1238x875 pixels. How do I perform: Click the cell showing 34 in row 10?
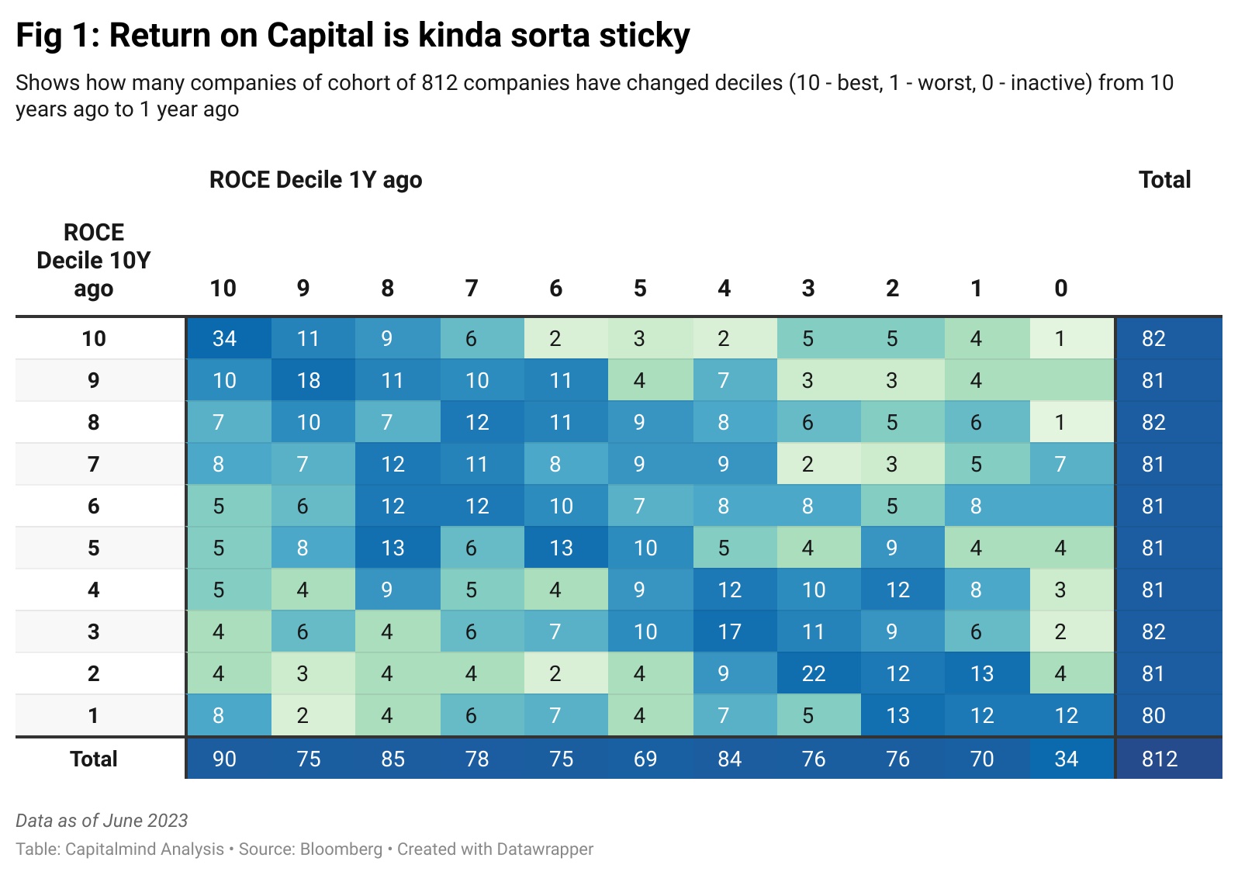[x=225, y=338]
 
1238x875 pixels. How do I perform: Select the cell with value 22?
[x=814, y=673]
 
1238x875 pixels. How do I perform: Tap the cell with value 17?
[x=729, y=631]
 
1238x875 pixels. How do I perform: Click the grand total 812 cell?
[x=1160, y=759]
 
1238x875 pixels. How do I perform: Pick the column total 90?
[x=225, y=759]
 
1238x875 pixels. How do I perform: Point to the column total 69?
[x=645, y=759]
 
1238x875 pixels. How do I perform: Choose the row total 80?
[x=1153, y=715]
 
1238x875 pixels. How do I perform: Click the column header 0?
[x=1060, y=289]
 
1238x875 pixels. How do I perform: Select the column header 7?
[x=471, y=289]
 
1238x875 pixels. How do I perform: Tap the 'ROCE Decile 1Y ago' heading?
[x=316, y=180]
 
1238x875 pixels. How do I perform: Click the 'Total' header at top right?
[x=1164, y=180]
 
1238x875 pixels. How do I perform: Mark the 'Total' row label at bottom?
[x=94, y=759]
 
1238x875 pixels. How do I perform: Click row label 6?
[x=94, y=506]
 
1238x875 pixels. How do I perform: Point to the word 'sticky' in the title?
[x=642, y=36]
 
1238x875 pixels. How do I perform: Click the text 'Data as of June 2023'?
[x=102, y=821]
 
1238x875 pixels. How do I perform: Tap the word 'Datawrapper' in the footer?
[x=545, y=849]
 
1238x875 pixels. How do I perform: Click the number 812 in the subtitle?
[x=440, y=83]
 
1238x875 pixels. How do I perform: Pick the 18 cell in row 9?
[x=309, y=380]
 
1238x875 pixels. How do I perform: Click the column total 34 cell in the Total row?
[x=1067, y=759]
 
